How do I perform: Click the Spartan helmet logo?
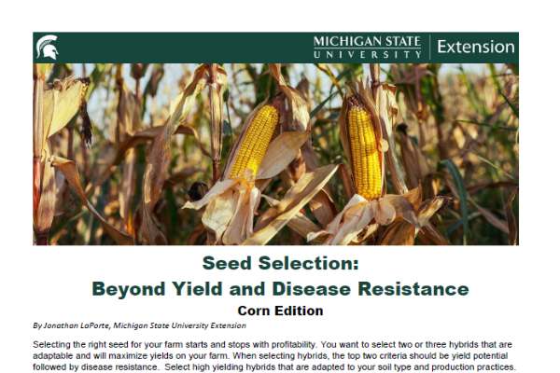pyautogui.click(x=48, y=48)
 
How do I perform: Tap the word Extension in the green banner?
pyautogui.click(x=476, y=48)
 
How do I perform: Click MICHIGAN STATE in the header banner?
pyautogui.click(x=367, y=41)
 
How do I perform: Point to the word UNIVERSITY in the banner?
pyautogui.click(x=368, y=55)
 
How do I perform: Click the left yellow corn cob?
pyautogui.click(x=255, y=141)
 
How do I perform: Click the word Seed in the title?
pyautogui.click(x=227, y=263)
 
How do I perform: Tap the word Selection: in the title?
pyautogui.click(x=309, y=263)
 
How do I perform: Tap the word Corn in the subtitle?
pyautogui.click(x=254, y=311)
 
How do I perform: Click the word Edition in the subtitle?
pyautogui.click(x=299, y=311)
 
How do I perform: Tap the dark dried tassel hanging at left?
pyautogui.click(x=86, y=123)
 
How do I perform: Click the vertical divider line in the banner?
pyautogui.click(x=429, y=48)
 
